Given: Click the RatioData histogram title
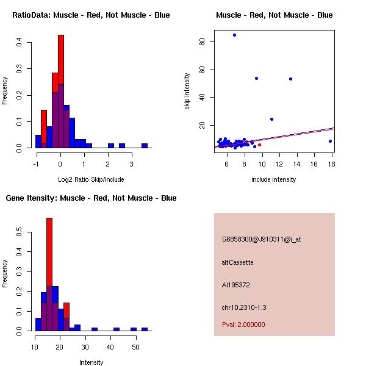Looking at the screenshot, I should coord(91,15).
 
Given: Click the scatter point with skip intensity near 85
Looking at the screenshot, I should coord(234,35).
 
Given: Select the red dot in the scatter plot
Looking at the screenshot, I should coord(259,145).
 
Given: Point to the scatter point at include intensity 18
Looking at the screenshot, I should coord(330,141).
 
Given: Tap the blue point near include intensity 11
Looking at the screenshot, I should coord(271,119).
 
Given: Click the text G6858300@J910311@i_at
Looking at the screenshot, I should coord(261,239).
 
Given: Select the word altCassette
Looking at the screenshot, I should coord(237,262).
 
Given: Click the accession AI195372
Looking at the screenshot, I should coord(236,285).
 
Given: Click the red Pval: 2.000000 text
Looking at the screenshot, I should coord(243,325).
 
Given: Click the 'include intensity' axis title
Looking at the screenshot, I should coord(274,179).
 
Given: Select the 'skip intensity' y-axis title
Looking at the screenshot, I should coord(187,91).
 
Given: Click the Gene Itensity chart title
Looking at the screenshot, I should coord(91,198).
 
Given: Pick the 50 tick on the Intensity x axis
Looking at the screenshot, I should coord(135,347).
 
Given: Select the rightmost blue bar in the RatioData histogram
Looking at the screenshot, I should coord(145,146).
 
